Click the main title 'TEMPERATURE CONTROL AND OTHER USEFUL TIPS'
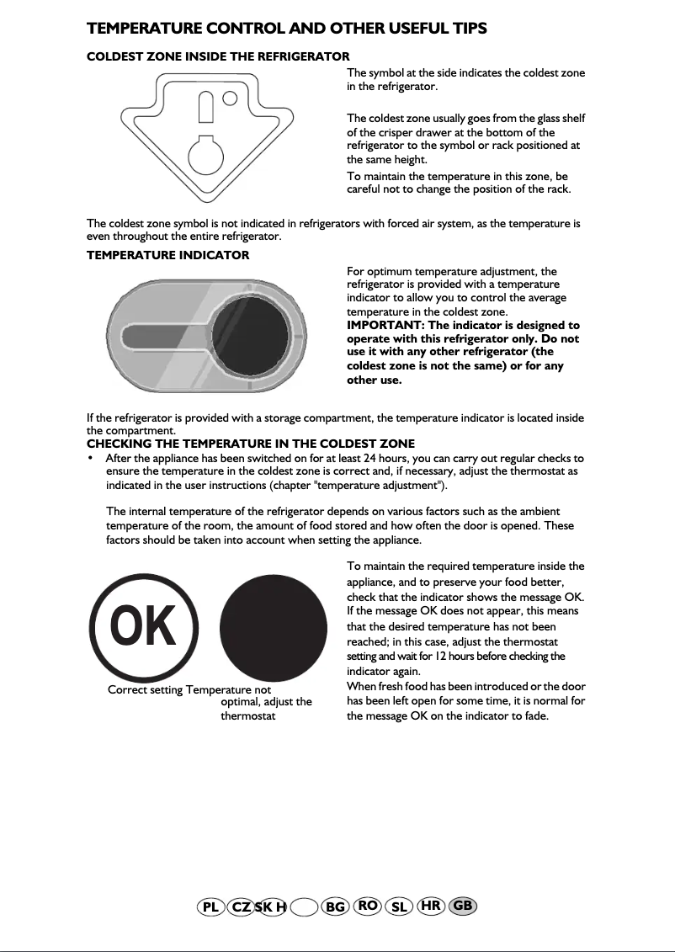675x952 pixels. (286, 29)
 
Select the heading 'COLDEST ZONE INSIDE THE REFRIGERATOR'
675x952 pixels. (218, 56)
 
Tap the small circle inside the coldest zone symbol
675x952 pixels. (229, 99)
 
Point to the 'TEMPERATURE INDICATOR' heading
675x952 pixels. (167, 255)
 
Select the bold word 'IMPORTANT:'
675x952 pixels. (380, 326)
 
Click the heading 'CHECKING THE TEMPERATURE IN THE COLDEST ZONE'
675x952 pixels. (251, 444)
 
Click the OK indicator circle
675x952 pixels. (142, 628)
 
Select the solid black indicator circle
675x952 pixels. (274, 628)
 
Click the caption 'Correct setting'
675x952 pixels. (145, 690)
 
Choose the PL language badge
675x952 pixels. (210, 907)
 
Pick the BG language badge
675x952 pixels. (335, 907)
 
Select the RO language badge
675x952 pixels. (367, 906)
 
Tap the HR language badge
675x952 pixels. (431, 906)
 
